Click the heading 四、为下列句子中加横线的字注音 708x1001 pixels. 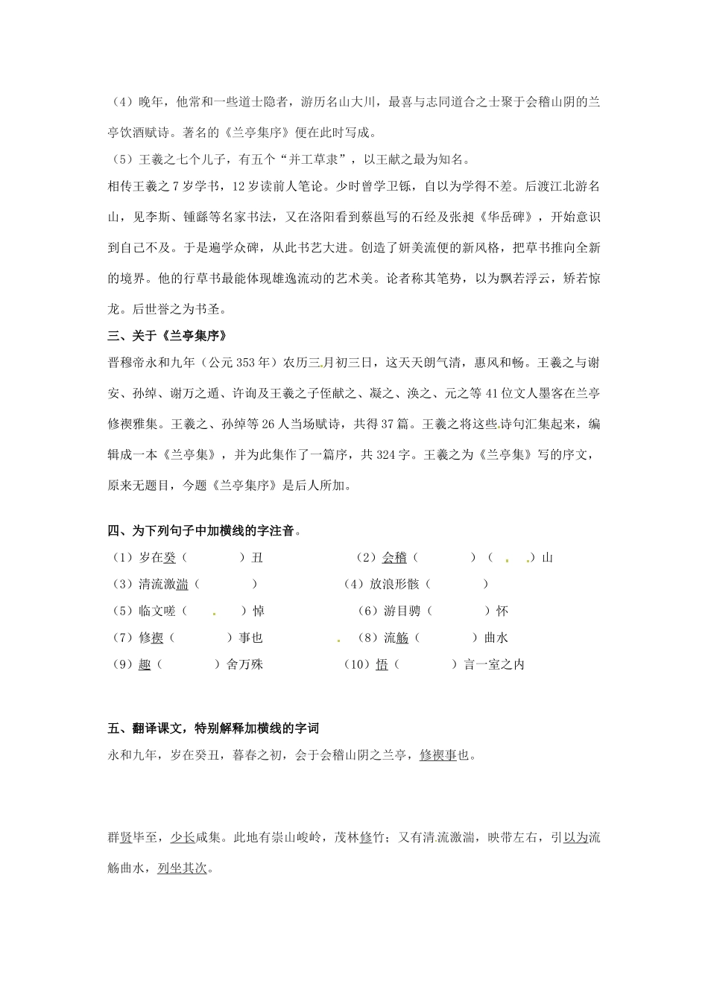(x=204, y=532)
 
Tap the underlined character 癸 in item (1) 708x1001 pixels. (x=170, y=558)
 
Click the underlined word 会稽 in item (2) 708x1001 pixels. (x=394, y=558)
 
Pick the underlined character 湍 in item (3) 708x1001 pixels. (x=183, y=585)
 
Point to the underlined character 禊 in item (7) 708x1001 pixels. (x=157, y=638)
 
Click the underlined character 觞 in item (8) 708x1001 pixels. (x=402, y=638)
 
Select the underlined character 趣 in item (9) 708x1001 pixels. (x=145, y=665)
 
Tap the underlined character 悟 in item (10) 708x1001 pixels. (x=382, y=665)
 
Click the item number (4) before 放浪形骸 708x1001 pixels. (x=353, y=585)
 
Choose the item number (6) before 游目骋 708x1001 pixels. (x=368, y=611)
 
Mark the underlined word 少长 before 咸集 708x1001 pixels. (x=183, y=837)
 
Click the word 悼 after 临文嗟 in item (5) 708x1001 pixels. (x=259, y=611)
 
